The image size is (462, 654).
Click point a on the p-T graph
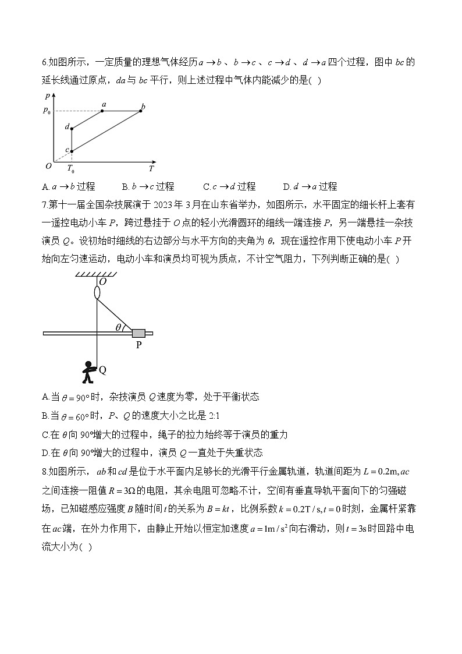pyautogui.click(x=102, y=111)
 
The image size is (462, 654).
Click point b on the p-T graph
pyautogui.click(x=142, y=111)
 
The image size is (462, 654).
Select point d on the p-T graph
pyautogui.click(x=72, y=129)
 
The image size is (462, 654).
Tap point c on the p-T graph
pyautogui.click(x=72, y=151)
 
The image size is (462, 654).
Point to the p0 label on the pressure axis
pyautogui.click(x=47, y=111)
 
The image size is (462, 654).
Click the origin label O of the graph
pyautogui.click(x=48, y=166)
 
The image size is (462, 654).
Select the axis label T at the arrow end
pyautogui.click(x=151, y=169)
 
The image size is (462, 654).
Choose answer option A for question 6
pyautogui.click(x=69, y=186)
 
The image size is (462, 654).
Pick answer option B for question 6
pyautogui.click(x=148, y=186)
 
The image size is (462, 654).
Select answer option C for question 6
pyautogui.click(x=229, y=186)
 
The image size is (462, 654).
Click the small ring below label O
pyautogui.click(x=97, y=291)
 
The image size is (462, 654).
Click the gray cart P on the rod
pyautogui.click(x=138, y=333)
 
